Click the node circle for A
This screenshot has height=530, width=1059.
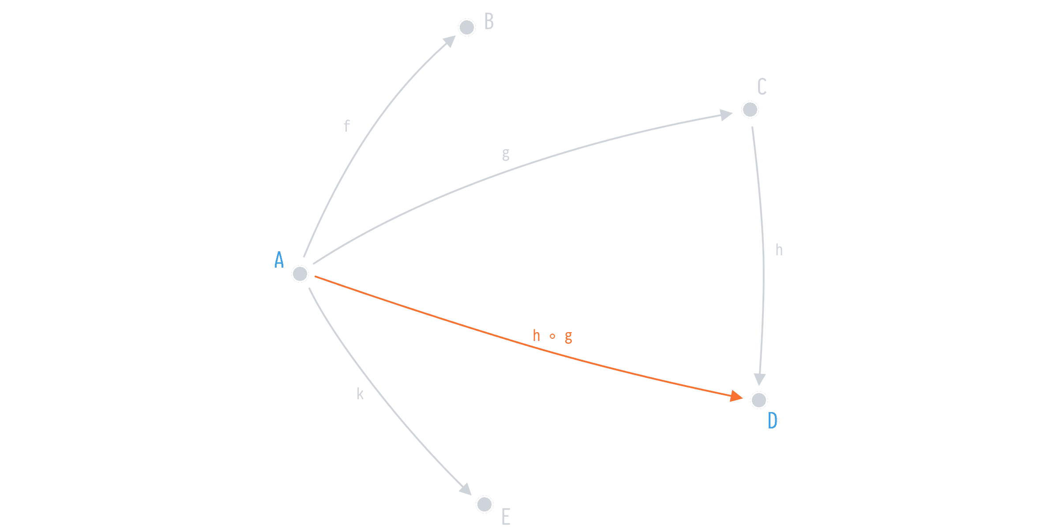pyautogui.click(x=300, y=274)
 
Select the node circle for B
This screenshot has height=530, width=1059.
pyautogui.click(x=466, y=27)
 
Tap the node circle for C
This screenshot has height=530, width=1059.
pyautogui.click(x=750, y=110)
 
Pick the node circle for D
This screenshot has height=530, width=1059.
pyautogui.click(x=759, y=400)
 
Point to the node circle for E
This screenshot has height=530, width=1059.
pyautogui.click(x=484, y=504)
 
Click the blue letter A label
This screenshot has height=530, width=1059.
pyautogui.click(x=279, y=260)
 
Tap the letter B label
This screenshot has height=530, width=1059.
pyautogui.click(x=489, y=22)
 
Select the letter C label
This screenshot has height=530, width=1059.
pyautogui.click(x=762, y=87)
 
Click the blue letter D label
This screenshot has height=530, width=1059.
pyautogui.click(x=773, y=421)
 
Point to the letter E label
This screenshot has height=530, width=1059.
pyautogui.click(x=506, y=517)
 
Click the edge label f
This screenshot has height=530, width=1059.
pyautogui.click(x=347, y=126)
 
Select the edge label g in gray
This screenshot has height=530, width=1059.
pyautogui.click(x=506, y=155)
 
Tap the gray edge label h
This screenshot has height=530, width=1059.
pyautogui.click(x=779, y=250)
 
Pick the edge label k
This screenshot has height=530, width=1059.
pyautogui.click(x=360, y=394)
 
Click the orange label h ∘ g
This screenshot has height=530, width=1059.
pyautogui.click(x=552, y=337)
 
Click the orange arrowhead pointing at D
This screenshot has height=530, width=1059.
pyautogui.click(x=736, y=396)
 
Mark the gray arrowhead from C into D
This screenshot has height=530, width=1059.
pyautogui.click(x=759, y=379)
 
